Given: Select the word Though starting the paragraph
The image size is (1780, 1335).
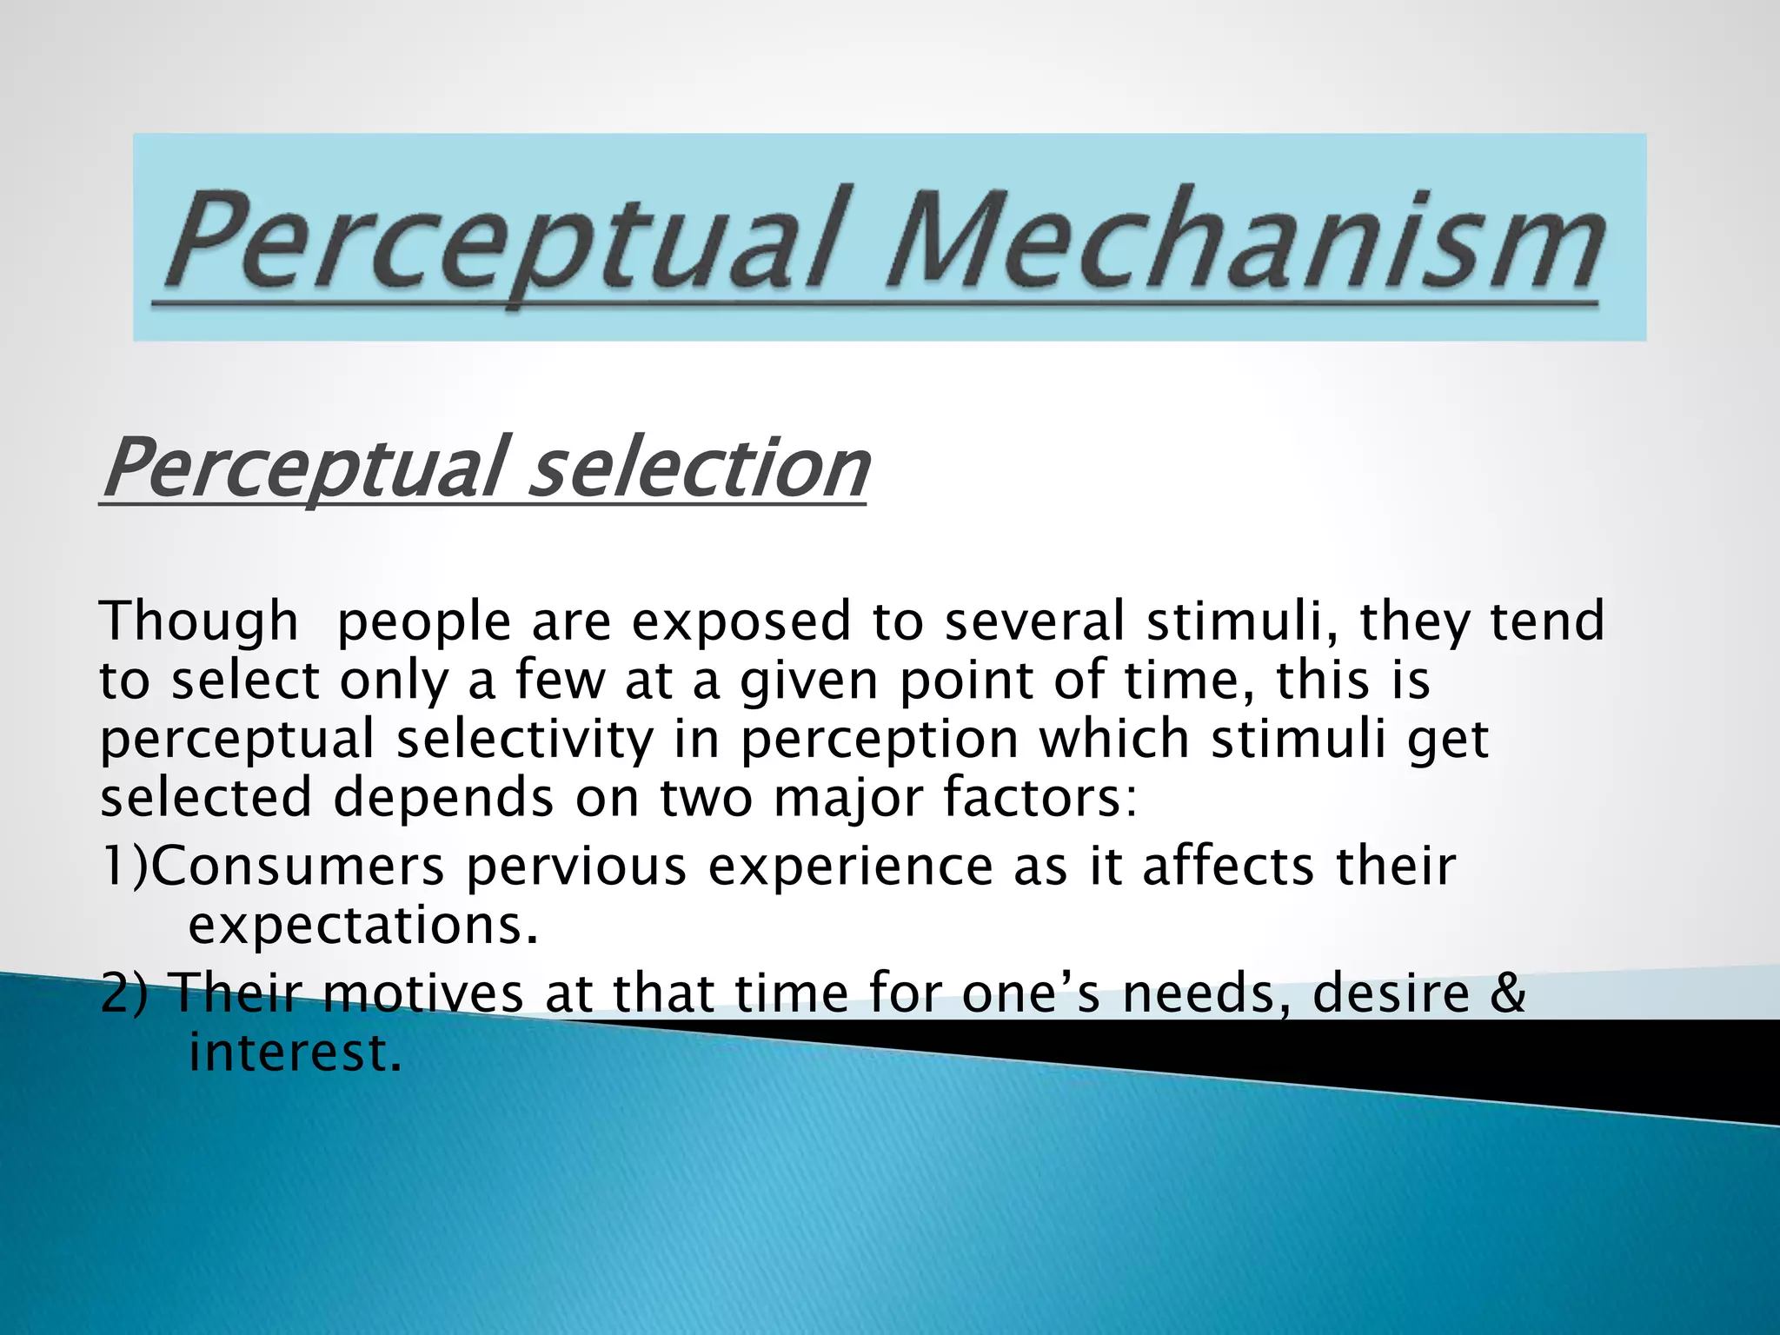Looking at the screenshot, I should (199, 621).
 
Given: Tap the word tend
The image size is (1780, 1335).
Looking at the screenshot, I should (1547, 621).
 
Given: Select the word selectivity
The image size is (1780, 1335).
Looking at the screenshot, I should (524, 739).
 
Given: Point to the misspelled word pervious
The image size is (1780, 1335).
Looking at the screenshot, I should (576, 867).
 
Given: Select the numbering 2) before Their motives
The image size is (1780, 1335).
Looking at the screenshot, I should (126, 993).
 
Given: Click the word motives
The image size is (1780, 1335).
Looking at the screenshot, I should (424, 993).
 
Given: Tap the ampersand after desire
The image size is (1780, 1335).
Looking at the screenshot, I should (1506, 993).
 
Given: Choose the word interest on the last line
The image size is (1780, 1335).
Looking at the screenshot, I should (296, 1053).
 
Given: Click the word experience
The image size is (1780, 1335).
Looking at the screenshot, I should (851, 867).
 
